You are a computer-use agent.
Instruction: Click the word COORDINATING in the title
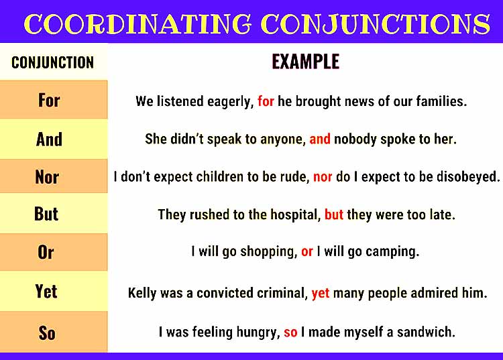[x=137, y=24]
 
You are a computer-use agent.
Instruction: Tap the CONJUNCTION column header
[x=52, y=63]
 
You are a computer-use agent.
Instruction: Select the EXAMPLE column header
[x=305, y=62]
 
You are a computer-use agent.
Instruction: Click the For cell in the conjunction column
[x=49, y=101]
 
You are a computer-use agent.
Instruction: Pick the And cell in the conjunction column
[x=49, y=139]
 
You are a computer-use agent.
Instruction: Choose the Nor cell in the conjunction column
[x=47, y=178]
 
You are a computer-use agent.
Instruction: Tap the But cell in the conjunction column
[x=46, y=214]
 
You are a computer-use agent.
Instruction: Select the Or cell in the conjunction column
[x=46, y=253]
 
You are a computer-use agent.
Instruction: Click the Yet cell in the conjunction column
[x=46, y=292]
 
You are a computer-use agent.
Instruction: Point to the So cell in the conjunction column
[x=47, y=333]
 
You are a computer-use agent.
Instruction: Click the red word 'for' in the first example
[x=266, y=101]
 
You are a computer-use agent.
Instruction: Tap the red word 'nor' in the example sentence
[x=323, y=177]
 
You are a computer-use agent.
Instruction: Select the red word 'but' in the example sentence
[x=333, y=215]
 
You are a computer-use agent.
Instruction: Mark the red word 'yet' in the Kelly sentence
[x=321, y=293]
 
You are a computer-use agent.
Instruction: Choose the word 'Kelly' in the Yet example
[x=142, y=293]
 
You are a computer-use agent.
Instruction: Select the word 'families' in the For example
[x=441, y=101]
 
